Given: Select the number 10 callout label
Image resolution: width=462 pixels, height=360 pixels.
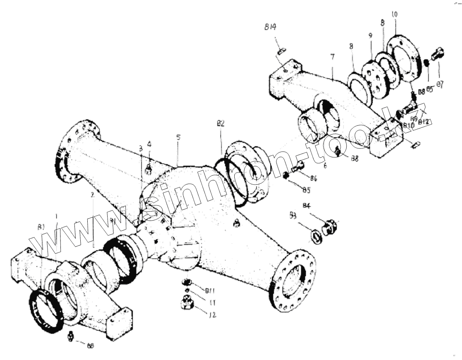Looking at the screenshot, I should pyautogui.click(x=395, y=14).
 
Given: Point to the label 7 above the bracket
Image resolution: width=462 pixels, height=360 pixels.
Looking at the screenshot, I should pyautogui.click(x=332, y=57).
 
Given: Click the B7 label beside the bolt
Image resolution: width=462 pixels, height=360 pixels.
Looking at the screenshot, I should pyautogui.click(x=440, y=85).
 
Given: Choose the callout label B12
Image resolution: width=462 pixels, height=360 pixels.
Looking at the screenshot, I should pyautogui.click(x=423, y=122).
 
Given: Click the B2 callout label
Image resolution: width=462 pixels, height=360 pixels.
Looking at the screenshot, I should pyautogui.click(x=221, y=124).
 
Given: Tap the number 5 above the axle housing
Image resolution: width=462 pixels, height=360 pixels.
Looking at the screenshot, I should pyautogui.click(x=178, y=137).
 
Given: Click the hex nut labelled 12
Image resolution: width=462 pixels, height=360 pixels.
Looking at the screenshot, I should pyautogui.click(x=187, y=302).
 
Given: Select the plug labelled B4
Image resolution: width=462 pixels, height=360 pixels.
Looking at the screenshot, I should pyautogui.click(x=328, y=227).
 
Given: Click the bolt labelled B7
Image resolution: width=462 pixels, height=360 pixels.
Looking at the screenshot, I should pyautogui.click(x=438, y=54).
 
